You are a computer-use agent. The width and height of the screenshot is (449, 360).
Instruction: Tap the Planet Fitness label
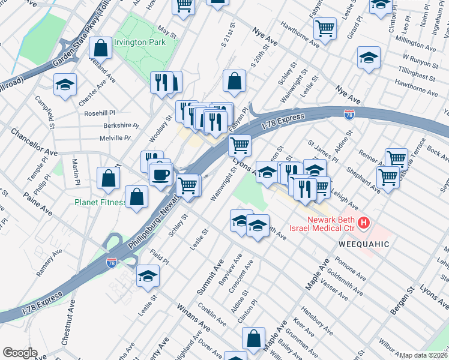point(100,202)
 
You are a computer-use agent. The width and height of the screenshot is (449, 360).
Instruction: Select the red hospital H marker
point(363,224)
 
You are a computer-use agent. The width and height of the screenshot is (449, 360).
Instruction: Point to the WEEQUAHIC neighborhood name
point(364,244)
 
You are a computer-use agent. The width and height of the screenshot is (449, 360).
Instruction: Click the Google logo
point(20,353)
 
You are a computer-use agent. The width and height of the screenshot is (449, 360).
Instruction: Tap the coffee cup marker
point(160,175)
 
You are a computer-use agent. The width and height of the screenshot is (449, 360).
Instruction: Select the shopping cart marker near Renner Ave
point(396,158)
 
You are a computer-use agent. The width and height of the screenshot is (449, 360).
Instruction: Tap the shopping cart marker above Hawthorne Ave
point(325,27)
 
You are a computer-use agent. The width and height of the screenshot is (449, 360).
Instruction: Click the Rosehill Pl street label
point(100,113)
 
